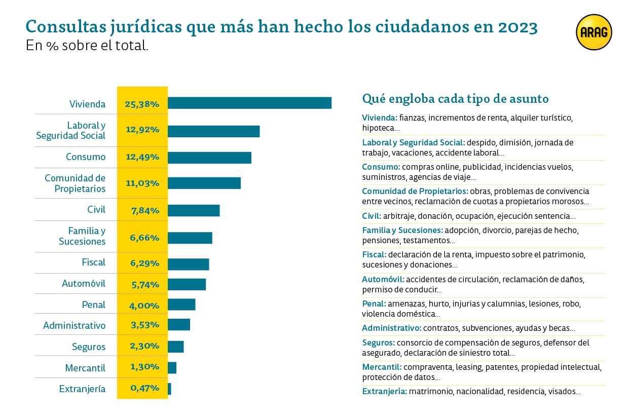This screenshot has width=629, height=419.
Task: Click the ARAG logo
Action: click(594, 32)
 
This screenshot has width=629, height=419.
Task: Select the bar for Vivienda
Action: click(249, 103)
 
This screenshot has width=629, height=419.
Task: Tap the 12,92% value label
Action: click(142, 130)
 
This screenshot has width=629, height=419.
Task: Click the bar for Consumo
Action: click(209, 158)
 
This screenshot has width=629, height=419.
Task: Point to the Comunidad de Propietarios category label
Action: click(75, 183)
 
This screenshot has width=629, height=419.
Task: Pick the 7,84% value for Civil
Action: click(145, 210)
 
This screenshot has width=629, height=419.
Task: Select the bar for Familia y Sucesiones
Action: click(190, 238)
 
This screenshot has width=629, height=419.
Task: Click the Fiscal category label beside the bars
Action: click(93, 262)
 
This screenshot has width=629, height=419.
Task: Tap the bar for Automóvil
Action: click(187, 284)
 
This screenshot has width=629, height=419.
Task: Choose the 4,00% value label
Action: click(145, 306)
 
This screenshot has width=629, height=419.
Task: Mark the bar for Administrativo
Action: click(178, 325)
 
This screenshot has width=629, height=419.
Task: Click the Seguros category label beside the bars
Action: click(89, 347)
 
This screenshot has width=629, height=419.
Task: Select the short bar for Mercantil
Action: click(172, 367)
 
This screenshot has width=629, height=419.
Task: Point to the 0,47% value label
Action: click(144, 389)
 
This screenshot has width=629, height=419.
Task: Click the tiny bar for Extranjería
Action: click(169, 389)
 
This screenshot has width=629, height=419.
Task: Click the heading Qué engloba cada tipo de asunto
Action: click(455, 98)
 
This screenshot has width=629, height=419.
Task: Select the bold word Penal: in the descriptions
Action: click(374, 304)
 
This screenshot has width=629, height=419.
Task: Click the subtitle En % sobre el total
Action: click(87, 46)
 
